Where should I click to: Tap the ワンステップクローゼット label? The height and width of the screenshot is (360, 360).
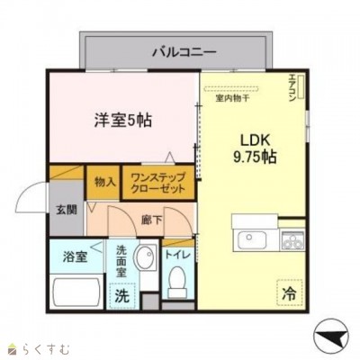click(x=158, y=184)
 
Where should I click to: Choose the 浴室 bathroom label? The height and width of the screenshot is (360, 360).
click(x=75, y=256)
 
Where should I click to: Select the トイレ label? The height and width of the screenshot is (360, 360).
click(x=178, y=255)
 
